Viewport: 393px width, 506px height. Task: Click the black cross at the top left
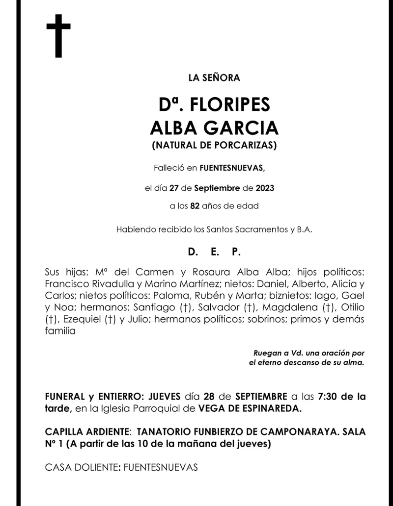click(x=58, y=35)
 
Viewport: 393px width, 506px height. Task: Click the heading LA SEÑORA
click(x=214, y=77)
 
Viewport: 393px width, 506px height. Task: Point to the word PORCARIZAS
click(x=248, y=145)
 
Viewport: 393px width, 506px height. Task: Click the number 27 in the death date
click(x=173, y=188)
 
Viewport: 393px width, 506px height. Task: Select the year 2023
click(x=264, y=188)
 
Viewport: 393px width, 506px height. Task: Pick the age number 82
click(x=196, y=206)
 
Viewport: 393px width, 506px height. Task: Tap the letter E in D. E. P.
click(x=214, y=252)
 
